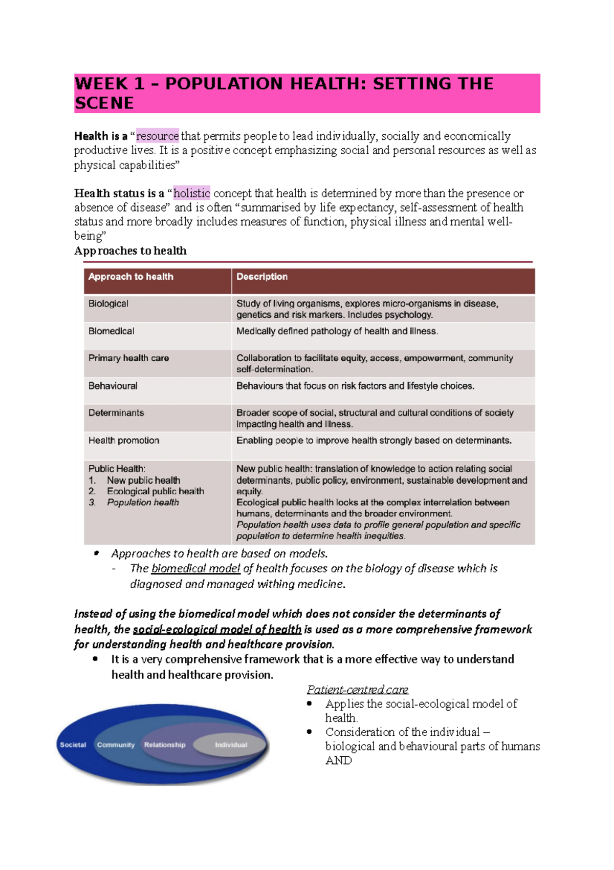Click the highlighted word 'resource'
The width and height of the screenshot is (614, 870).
[157, 136]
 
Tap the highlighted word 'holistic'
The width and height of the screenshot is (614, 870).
[191, 193]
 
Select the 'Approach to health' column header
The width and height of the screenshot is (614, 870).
[131, 277]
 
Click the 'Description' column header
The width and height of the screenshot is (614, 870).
[262, 277]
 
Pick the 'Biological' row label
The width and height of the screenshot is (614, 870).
[108, 304]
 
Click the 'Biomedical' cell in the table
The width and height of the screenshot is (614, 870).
[111, 332]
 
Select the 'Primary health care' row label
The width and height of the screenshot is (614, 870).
[128, 358]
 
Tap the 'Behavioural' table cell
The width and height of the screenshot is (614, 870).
[113, 386]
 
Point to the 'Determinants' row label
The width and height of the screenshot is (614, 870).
[116, 413]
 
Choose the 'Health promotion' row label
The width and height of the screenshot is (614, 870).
[124, 441]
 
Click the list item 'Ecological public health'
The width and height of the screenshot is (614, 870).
[155, 491]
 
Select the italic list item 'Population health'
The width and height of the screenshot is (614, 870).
[143, 503]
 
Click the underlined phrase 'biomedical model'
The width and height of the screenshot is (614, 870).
[195, 569]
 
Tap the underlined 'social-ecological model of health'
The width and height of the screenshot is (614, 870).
[217, 630]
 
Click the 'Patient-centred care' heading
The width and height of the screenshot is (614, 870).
[357, 690]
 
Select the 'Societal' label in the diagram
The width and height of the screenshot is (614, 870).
[73, 745]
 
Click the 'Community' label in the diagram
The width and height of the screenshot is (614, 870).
[116, 745]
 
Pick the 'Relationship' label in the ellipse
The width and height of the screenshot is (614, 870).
[165, 745]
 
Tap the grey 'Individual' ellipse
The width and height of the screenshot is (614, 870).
[231, 745]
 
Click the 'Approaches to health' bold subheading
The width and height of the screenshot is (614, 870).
[130, 251]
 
